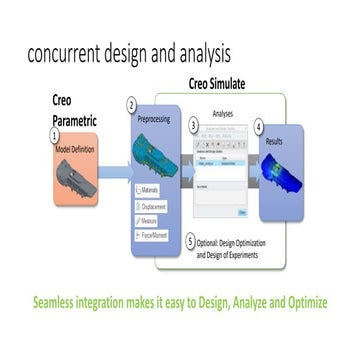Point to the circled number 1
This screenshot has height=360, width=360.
coord(56,133)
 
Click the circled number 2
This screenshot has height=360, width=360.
coord(132,104)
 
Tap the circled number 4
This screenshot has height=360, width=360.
coord(259,127)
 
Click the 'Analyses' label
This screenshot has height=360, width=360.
coord(228,115)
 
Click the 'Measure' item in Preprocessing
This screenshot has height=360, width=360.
coord(150,220)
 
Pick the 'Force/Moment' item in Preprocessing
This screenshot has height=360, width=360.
coord(155,235)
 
